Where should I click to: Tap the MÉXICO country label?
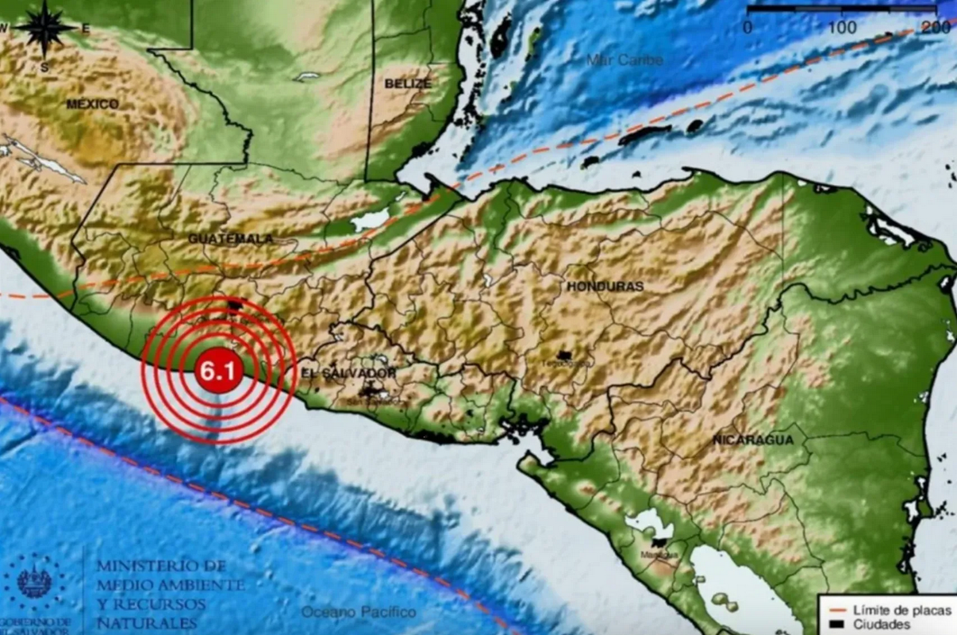92,104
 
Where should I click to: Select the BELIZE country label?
408,83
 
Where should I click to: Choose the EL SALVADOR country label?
348,373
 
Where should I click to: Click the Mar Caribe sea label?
625,60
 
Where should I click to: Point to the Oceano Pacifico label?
359,612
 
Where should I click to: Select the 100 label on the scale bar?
842,28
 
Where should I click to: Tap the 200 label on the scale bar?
936,28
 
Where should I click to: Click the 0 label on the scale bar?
748,28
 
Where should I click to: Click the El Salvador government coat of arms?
35,582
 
